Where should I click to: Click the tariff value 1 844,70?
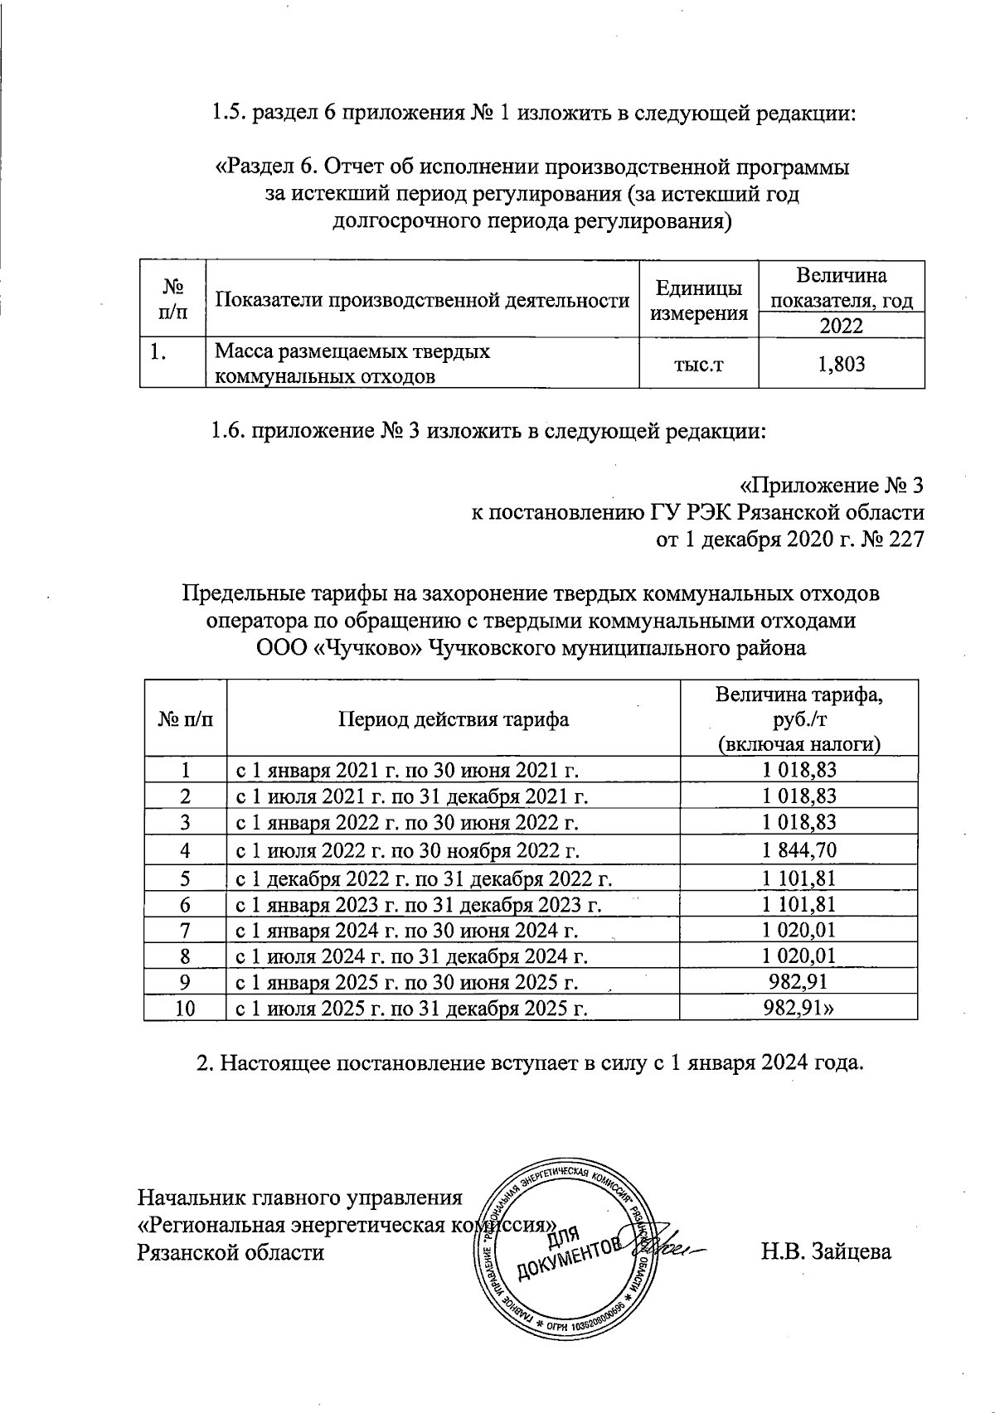click(799, 849)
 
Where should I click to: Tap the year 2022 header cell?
click(841, 325)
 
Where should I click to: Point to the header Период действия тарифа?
click(453, 719)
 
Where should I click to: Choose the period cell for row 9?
click(408, 982)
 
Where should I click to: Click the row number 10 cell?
click(185, 1009)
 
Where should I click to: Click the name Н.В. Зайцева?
click(827, 1251)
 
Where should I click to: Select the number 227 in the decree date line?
click(905, 540)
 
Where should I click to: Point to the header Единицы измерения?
click(699, 300)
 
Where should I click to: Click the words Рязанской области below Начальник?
click(231, 1251)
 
